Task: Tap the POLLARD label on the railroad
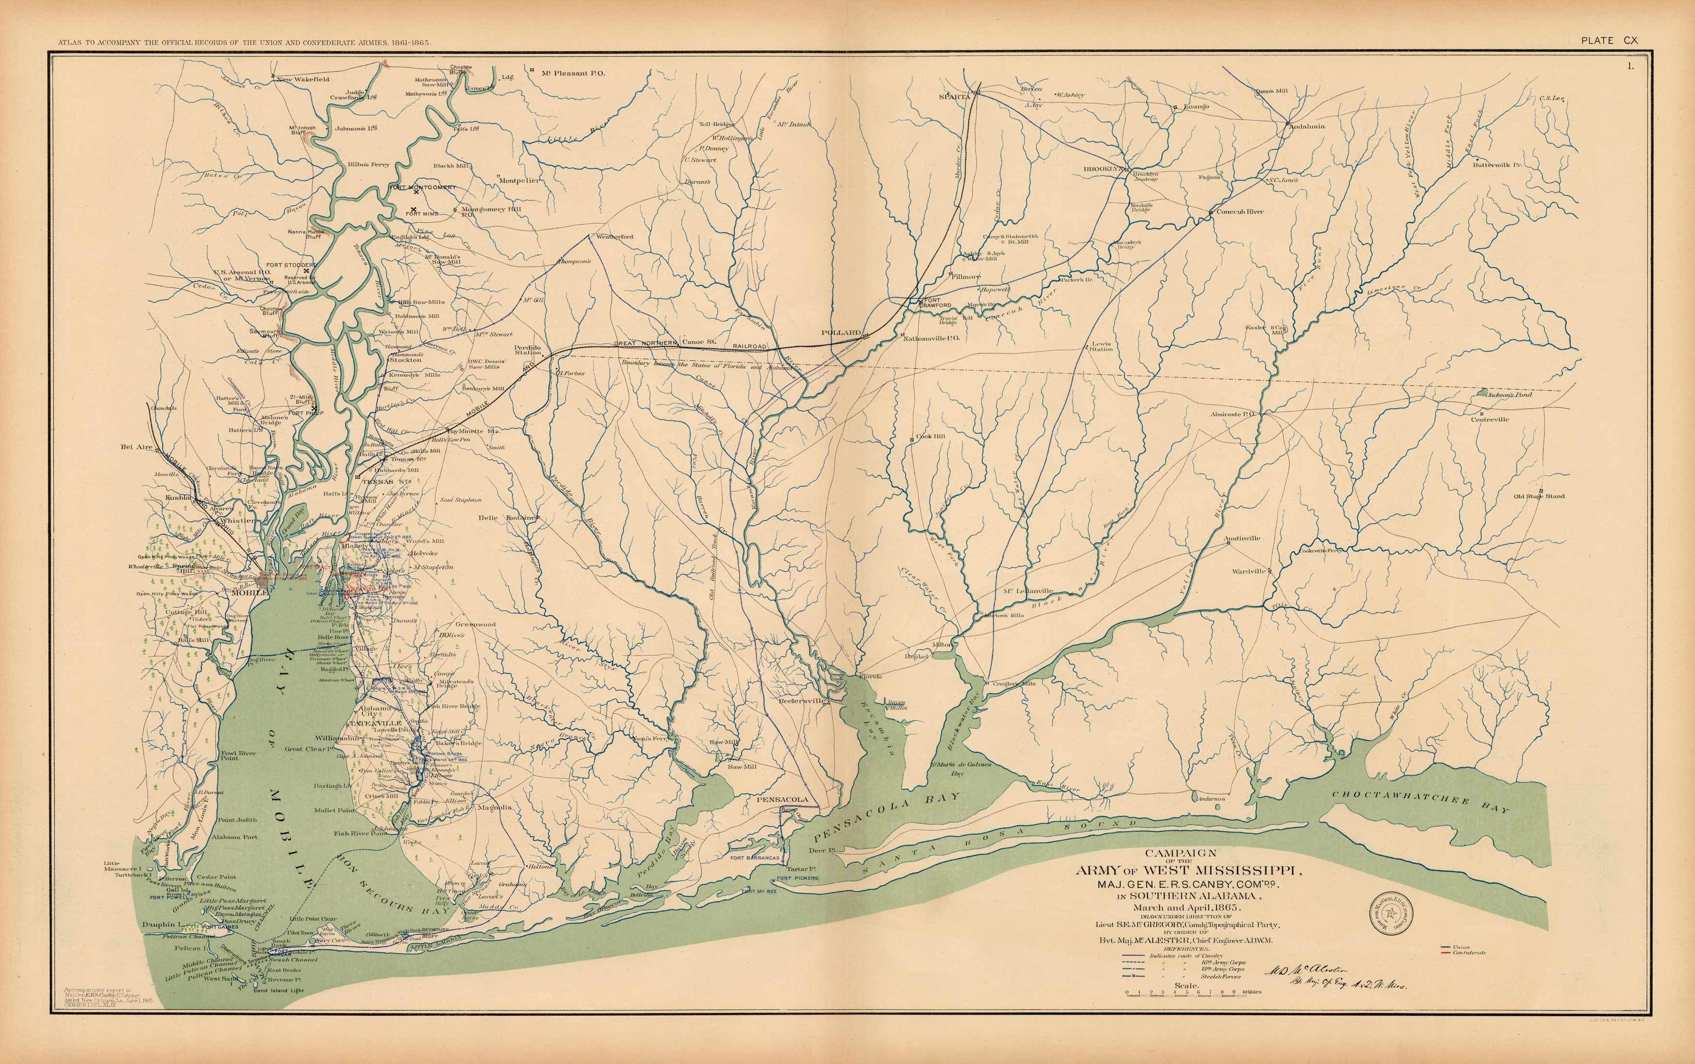pos(842,332)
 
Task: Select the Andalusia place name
pos(1306,127)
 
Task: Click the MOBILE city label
pos(249,592)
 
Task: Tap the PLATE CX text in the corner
pos(1609,41)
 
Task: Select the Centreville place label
pos(1490,419)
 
